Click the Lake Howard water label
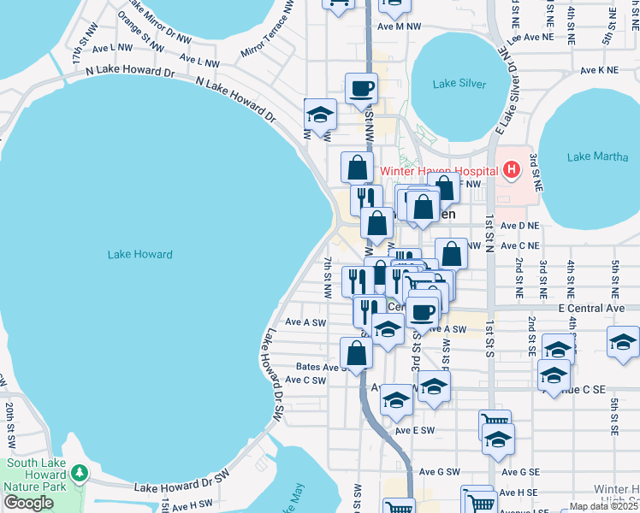[140, 255]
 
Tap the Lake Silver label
[459, 84]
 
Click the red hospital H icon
[512, 170]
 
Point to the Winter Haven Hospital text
[439, 170]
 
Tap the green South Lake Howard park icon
[80, 472]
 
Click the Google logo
[28, 504]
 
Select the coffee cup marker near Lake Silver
[361, 87]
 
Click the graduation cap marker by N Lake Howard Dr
[320, 114]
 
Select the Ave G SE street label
[520, 472]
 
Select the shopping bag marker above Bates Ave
[356, 353]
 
